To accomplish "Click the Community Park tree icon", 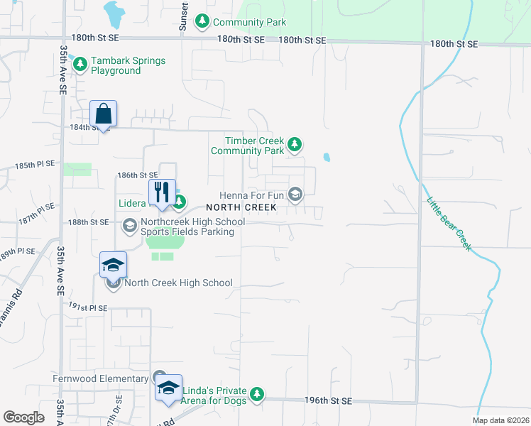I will (x=202, y=21).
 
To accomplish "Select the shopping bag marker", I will (x=103, y=114).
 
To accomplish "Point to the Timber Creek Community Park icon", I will (x=295, y=146).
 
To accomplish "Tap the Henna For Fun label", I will (x=255, y=194).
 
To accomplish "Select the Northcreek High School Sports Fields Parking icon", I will (x=129, y=226).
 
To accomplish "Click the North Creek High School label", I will (x=178, y=283).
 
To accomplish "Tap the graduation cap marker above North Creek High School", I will (x=113, y=265).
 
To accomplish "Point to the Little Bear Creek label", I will (x=449, y=222).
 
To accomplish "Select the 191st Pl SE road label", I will (x=88, y=308).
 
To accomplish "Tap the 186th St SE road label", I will (x=137, y=175).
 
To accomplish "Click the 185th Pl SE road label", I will (x=35, y=165).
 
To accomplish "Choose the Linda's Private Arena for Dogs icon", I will (x=258, y=393).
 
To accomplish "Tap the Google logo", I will (x=24, y=417).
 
